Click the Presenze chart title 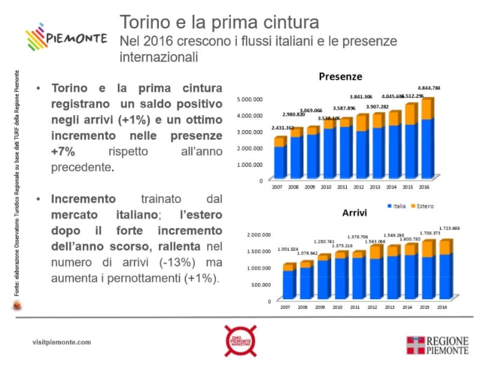(340, 77)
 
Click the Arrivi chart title (354, 213)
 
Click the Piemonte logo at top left (66, 38)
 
